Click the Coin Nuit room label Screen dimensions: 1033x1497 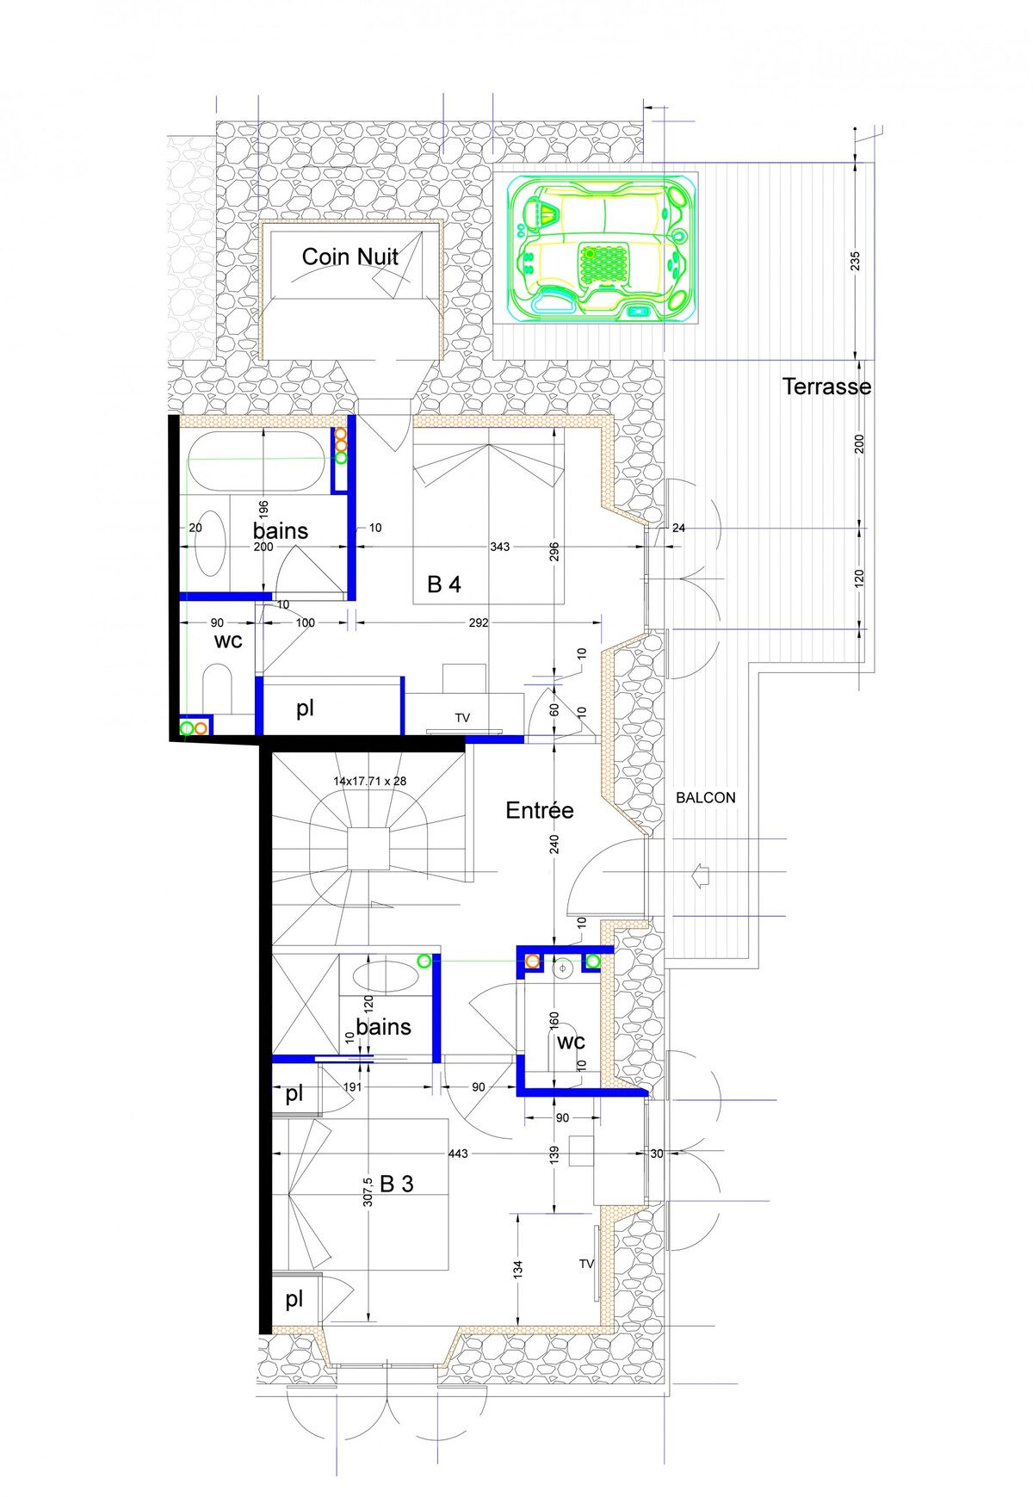tap(350, 257)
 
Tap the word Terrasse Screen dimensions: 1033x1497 tap(826, 387)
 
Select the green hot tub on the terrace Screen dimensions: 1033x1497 tap(603, 248)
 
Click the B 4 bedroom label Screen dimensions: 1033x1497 tap(444, 585)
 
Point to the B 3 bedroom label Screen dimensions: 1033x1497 tap(396, 1184)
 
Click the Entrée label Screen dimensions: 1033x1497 tap(540, 810)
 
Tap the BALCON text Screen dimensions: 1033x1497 tap(706, 798)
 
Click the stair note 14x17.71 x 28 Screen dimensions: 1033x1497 tap(370, 782)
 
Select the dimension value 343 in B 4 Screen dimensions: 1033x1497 tap(500, 547)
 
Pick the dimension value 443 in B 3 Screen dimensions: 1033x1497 tap(458, 1154)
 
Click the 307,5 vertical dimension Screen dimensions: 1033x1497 tap(368, 1191)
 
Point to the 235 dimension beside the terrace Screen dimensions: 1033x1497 tap(855, 261)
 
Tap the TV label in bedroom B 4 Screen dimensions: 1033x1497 tap(462, 718)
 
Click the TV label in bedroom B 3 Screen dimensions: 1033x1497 tap(586, 1264)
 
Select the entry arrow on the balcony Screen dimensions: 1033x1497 tap(700, 876)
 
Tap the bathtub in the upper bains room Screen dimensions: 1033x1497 tap(257, 461)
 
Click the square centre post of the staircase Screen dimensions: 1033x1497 tap(369, 849)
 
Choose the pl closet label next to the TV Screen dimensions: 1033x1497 tap(305, 708)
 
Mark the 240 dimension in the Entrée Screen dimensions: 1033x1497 tap(554, 844)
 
